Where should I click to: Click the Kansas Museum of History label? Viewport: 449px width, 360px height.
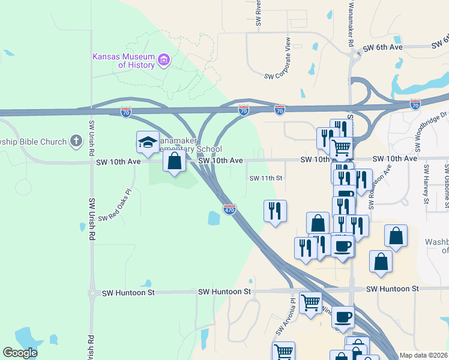coord(123,61)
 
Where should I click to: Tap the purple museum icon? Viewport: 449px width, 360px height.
coord(164,59)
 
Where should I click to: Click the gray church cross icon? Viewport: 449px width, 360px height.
coord(76,141)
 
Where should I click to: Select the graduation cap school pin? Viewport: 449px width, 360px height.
coord(148,143)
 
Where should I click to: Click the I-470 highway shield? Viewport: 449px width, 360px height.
coord(229,209)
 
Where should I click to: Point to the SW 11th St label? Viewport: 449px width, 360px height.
coord(265,178)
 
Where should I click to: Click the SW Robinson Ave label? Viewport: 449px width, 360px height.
coord(372,187)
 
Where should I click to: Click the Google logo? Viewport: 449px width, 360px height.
coord(20,353)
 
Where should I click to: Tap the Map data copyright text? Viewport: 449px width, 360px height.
coord(423,355)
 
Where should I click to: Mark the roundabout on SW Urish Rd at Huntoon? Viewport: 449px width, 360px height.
coord(92,293)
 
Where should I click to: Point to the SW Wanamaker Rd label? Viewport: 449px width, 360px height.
coord(350,24)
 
